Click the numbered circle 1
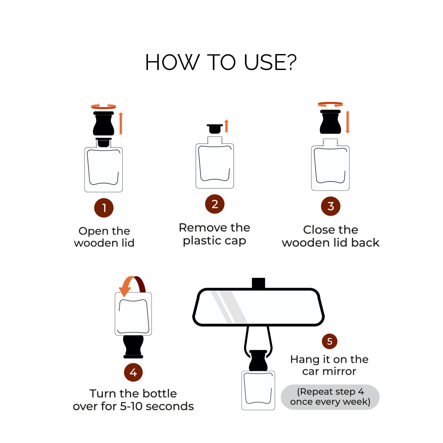pos(104,208)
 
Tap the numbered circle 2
pos(215,204)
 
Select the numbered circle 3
pos(330,206)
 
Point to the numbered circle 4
pos(133,373)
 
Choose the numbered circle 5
pos(330,341)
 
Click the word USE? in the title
pos(270,62)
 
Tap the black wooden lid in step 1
pos(104,124)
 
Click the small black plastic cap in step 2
pos(215,128)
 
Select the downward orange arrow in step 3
pos(347,122)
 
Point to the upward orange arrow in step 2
pos(226,126)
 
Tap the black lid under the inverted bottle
pos(133,347)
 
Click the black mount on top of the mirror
pos(258,283)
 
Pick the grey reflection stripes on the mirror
pos(229,307)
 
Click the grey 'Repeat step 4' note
pos(330,397)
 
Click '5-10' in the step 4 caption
pos(131,406)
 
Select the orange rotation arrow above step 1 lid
pos(104,106)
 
